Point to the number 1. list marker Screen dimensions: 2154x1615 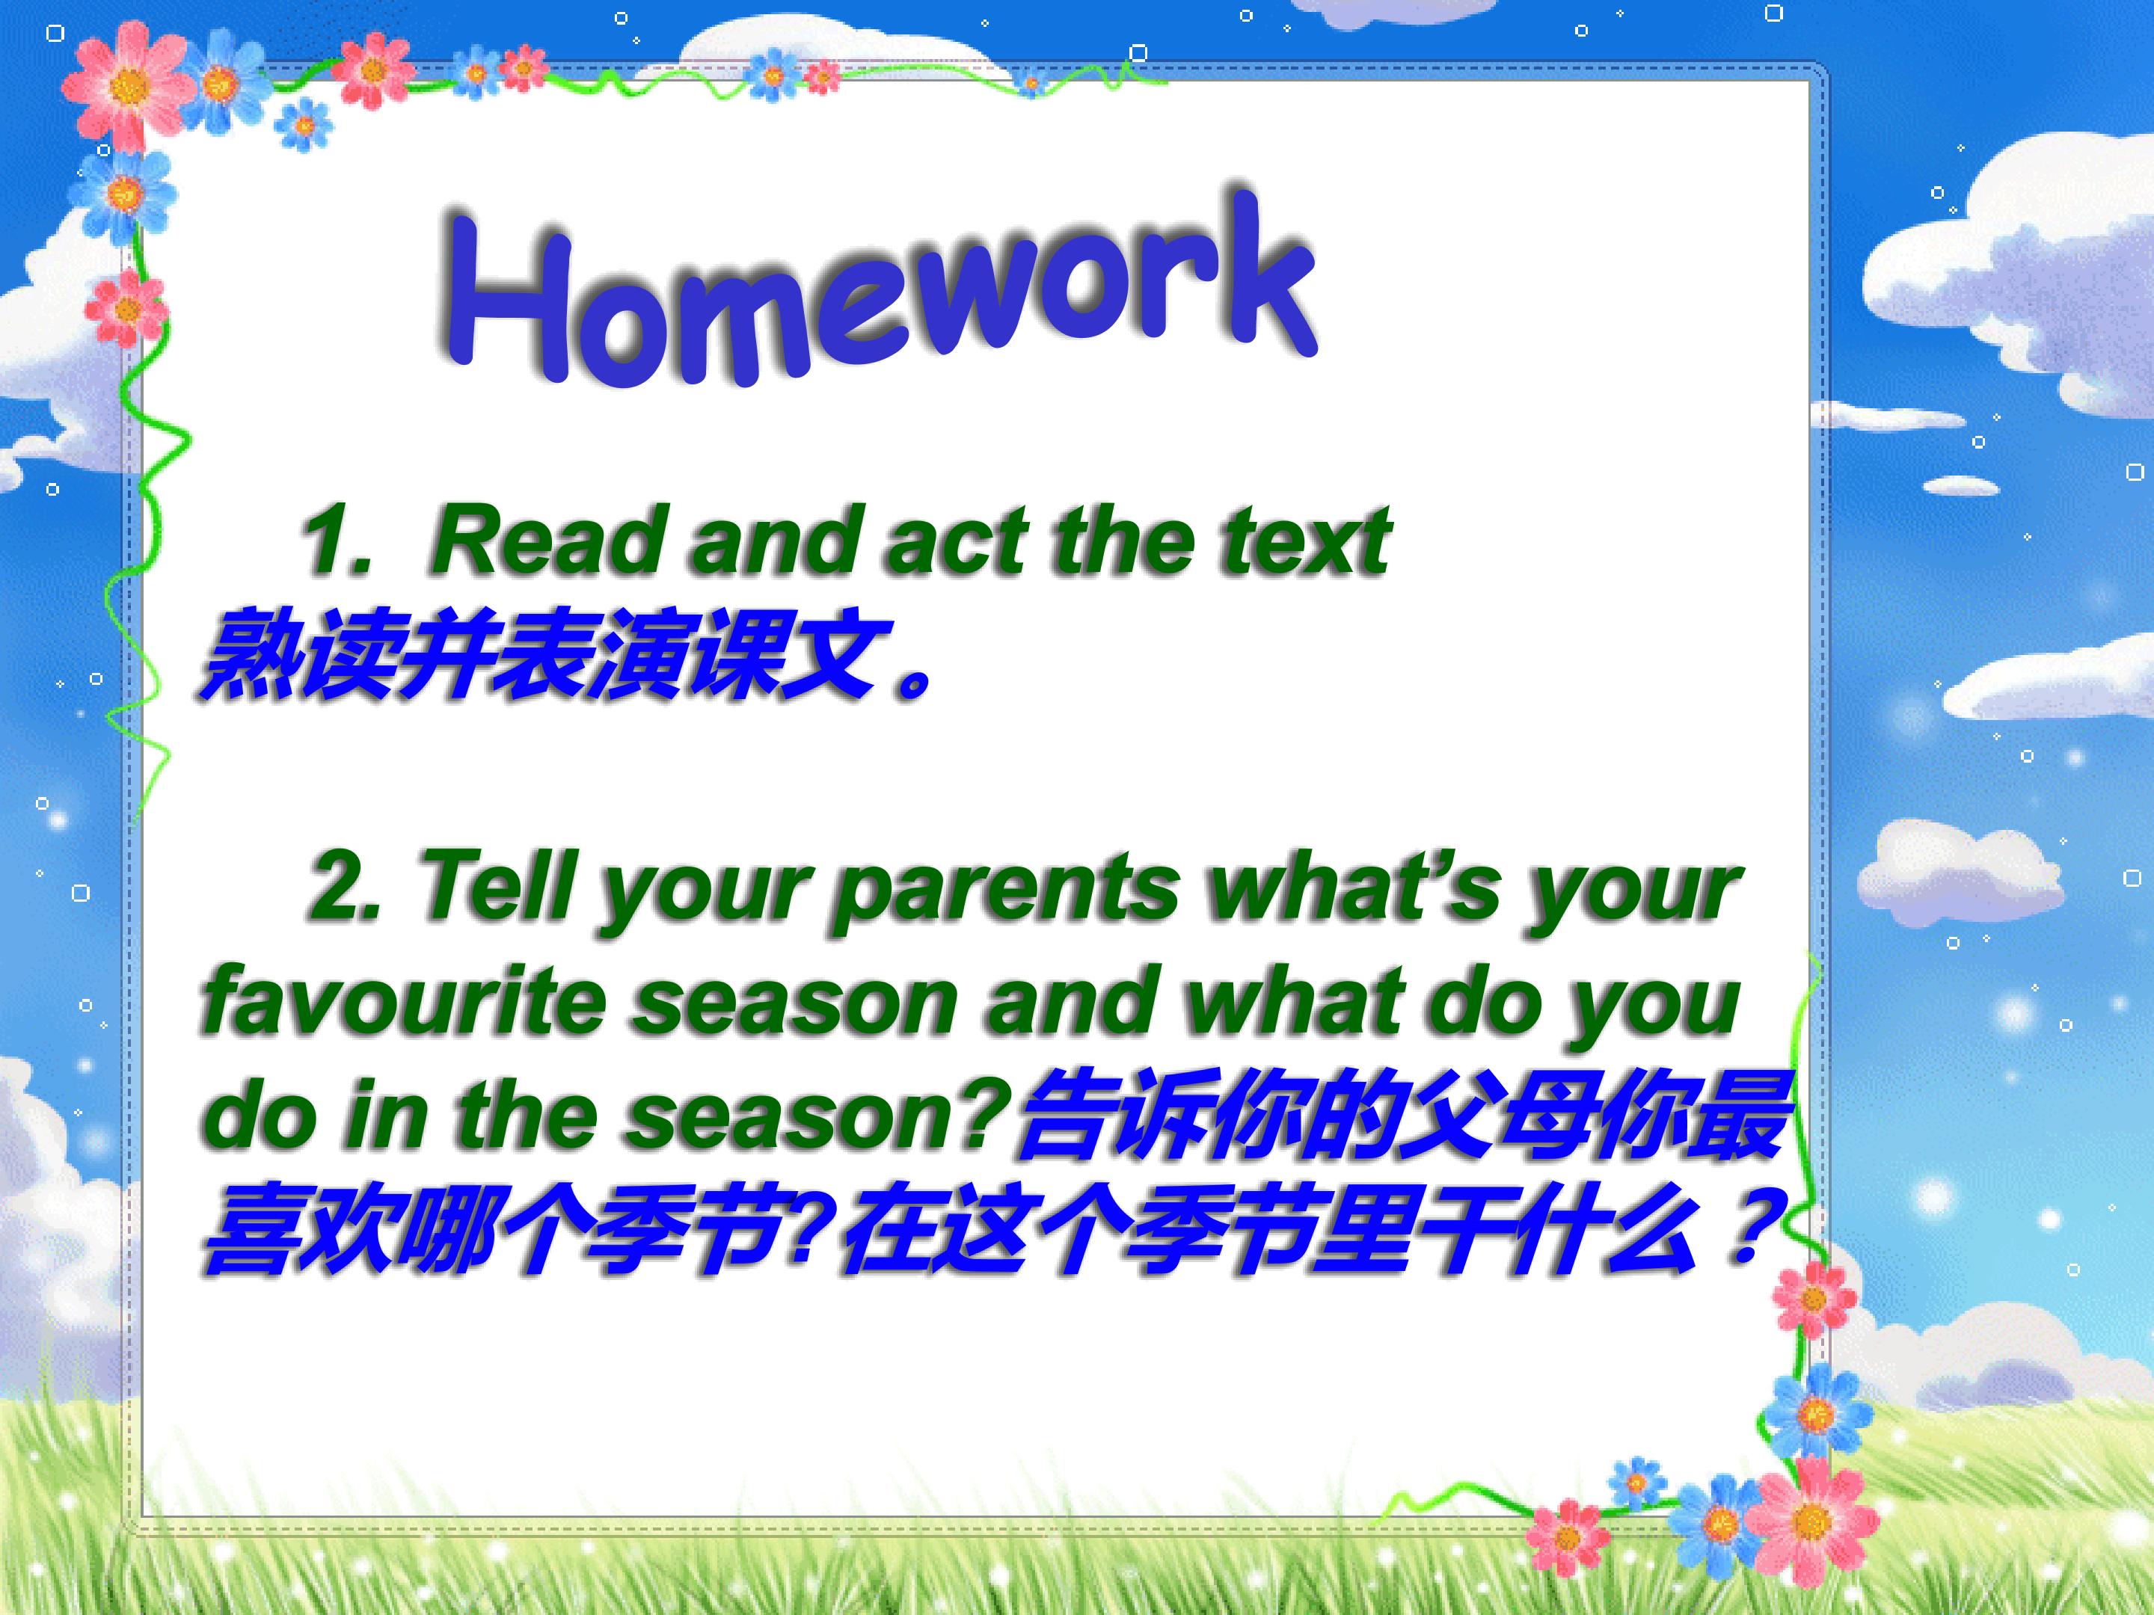click(x=337, y=541)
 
